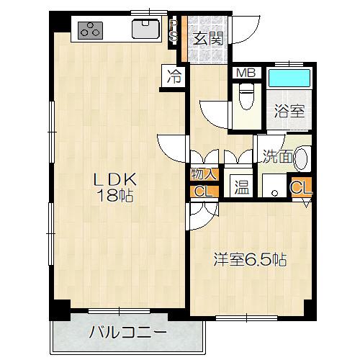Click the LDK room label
coord(113,179)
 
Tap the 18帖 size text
coord(113,194)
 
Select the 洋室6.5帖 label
coord(250,260)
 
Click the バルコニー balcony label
coord(128,333)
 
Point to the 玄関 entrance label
coord(207,37)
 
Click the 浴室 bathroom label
coord(291,111)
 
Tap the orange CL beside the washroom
coord(301,187)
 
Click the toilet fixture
coord(245,97)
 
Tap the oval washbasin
coord(302,158)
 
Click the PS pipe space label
coord(174,32)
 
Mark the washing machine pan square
coord(272,186)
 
